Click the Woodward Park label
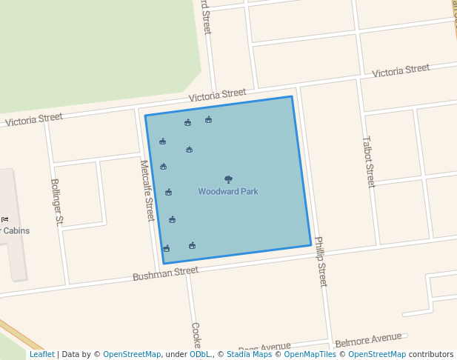(228, 191)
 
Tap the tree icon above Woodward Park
(228, 179)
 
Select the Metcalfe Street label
(147, 190)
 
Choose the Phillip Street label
(321, 261)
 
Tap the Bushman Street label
(165, 274)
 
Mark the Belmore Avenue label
(368, 340)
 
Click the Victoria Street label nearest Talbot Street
(401, 70)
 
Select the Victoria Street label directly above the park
(217, 95)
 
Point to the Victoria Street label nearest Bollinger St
(34, 119)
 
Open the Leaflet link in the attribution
(42, 354)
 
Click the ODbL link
(200, 354)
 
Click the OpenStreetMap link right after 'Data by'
(132, 354)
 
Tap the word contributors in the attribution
(431, 354)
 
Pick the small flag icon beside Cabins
(4, 219)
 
